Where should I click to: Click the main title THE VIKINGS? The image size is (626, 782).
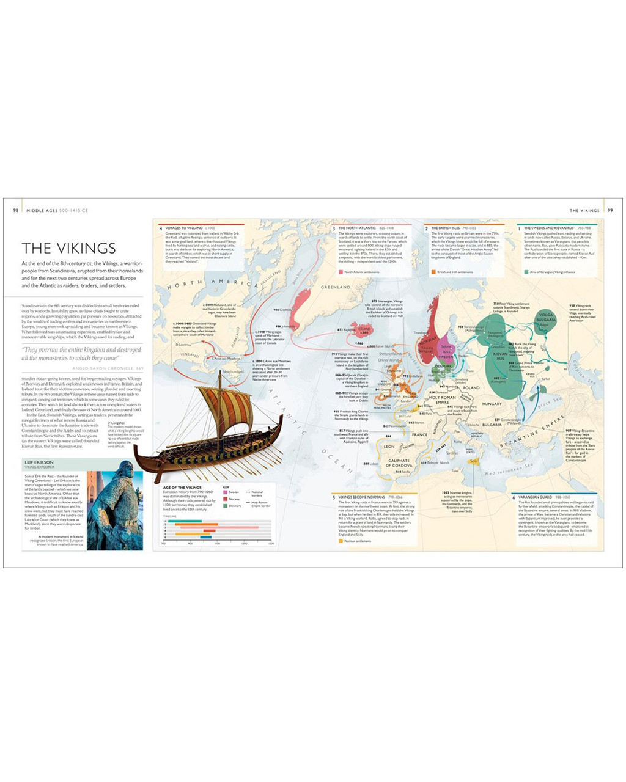click(68, 248)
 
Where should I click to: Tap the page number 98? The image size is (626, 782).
click(15, 211)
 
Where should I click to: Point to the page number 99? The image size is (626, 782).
click(610, 211)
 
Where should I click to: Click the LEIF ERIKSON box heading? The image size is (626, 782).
click(39, 462)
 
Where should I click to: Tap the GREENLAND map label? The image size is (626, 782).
click(336, 287)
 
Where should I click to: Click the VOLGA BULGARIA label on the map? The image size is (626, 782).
click(545, 318)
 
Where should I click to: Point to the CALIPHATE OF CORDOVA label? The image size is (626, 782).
click(399, 463)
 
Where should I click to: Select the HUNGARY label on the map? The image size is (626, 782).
click(492, 404)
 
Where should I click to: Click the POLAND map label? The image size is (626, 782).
click(471, 388)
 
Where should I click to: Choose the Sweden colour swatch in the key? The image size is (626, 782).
click(225, 492)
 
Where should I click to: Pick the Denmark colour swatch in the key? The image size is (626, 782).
click(225, 506)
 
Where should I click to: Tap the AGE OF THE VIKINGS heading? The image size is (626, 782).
click(182, 488)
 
